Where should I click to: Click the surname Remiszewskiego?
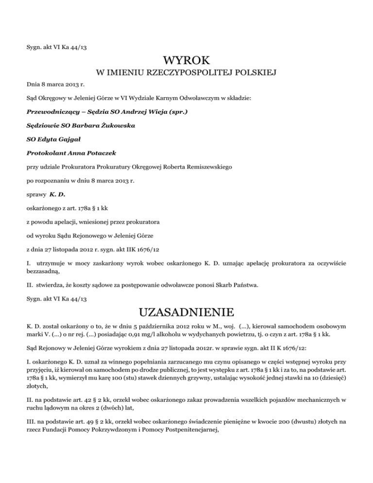[204, 168]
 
